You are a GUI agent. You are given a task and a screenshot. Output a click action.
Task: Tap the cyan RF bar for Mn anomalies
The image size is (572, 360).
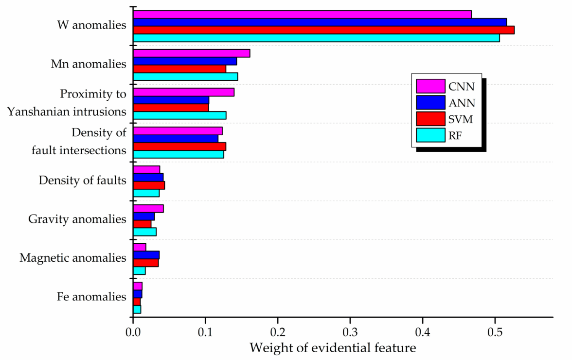click(185, 76)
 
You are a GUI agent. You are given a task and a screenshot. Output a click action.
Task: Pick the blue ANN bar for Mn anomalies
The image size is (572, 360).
click(185, 61)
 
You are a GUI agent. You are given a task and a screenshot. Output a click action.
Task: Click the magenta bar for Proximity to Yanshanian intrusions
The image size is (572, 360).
click(183, 92)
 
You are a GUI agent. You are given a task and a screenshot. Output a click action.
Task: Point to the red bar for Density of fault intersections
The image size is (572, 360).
click(179, 146)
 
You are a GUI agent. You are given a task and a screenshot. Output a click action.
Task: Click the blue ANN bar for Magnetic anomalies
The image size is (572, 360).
click(146, 255)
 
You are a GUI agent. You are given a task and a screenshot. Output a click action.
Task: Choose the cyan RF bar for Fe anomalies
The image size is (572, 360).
click(137, 309)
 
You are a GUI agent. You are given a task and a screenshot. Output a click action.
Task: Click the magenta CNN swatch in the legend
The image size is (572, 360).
click(430, 86)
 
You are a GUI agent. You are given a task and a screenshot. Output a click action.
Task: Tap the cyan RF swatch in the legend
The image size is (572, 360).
click(430, 134)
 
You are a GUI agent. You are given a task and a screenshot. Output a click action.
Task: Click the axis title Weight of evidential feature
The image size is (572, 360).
click(333, 348)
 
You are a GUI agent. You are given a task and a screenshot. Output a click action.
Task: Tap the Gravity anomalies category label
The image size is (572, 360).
click(77, 219)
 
